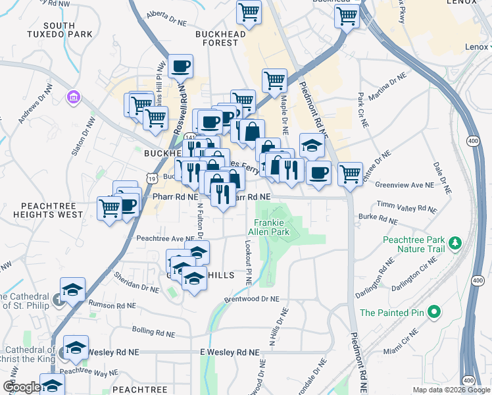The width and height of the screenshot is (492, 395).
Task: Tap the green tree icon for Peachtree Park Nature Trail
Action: point(455,244)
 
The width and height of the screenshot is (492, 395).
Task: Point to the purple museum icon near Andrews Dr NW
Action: point(73,98)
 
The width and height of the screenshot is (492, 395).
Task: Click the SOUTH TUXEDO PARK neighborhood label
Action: point(60,29)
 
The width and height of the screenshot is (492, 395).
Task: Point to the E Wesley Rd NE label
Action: point(229,352)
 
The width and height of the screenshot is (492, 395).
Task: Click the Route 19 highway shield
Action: point(153,178)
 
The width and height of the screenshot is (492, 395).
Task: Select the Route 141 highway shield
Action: point(190,136)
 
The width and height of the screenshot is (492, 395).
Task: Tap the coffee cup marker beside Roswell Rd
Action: point(180,66)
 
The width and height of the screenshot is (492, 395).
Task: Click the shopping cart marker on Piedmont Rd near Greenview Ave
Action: point(350,174)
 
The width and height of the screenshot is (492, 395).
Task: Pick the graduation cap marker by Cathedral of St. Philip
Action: point(72,289)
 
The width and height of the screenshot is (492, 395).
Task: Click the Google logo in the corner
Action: point(22,387)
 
